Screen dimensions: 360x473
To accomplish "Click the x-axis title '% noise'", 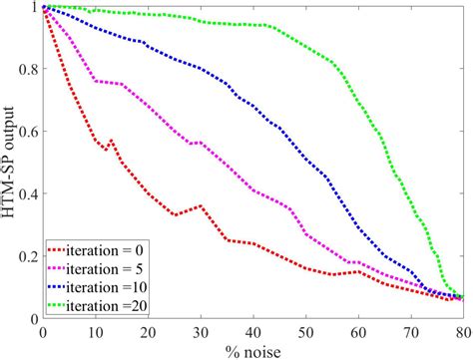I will tap(252, 348).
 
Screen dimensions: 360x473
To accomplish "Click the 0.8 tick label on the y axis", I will tap(27, 71).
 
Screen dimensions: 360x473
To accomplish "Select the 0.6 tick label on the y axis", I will tap(27, 133).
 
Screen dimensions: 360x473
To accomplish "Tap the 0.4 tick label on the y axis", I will tap(27, 194).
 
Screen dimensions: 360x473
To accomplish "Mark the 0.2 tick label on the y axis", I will tap(27, 256).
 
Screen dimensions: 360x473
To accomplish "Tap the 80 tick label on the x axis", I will tap(461, 330).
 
